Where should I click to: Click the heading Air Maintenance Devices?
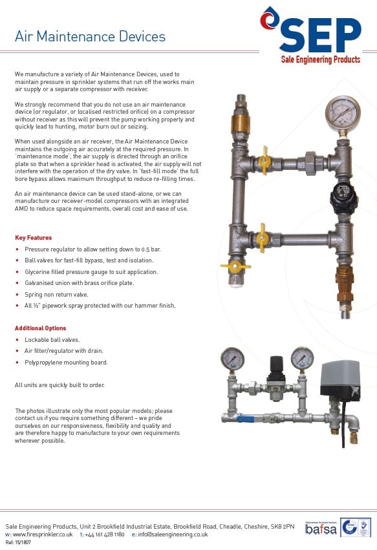click(90, 36)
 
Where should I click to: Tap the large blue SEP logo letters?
click(320, 35)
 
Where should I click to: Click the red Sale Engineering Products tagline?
click(321, 59)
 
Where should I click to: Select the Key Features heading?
click(33, 238)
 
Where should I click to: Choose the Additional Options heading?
click(40, 328)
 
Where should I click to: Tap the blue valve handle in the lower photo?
click(249, 419)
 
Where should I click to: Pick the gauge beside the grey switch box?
click(301, 357)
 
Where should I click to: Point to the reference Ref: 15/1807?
click(17, 544)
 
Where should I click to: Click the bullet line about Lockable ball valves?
click(48, 339)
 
